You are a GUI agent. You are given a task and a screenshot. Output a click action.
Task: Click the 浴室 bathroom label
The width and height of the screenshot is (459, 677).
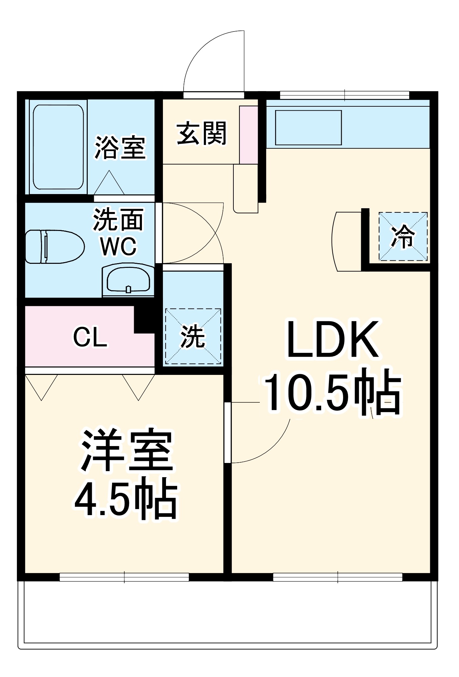click(120, 148)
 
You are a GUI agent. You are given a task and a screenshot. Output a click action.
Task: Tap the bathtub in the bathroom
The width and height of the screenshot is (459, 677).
click(58, 147)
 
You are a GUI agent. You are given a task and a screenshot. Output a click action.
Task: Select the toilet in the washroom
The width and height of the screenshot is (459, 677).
click(54, 246)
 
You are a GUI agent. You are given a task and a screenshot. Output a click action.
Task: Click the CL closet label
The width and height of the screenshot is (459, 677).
click(90, 337)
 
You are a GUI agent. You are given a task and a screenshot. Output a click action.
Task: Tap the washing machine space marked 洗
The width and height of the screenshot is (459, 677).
click(193, 336)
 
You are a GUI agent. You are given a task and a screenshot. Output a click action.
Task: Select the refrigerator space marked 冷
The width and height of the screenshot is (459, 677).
click(403, 236)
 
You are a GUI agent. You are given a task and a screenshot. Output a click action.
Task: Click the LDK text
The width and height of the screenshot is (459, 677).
click(333, 340)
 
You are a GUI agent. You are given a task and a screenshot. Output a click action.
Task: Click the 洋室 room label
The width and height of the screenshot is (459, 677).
click(126, 450)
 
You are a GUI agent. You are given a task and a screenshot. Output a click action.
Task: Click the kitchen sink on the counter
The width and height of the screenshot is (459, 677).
click(308, 128)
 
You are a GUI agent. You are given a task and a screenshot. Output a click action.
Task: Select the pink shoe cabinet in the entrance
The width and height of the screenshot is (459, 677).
click(249, 135)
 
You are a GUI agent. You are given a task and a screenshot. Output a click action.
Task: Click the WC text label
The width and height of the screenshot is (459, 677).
click(118, 246)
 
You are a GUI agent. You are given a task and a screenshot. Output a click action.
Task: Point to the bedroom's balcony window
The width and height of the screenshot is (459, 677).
click(124, 577)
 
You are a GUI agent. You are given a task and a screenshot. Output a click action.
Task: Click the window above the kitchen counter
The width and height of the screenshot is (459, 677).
click(345, 95)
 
